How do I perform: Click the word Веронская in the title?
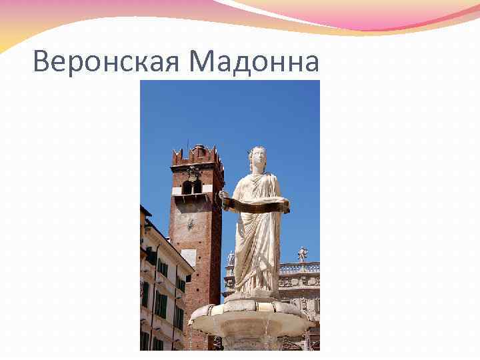click(107, 63)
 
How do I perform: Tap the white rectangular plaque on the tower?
click(189, 257)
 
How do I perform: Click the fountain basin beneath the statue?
click(251, 320)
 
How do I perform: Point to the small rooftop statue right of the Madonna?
click(302, 254)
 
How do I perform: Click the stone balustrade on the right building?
click(299, 268)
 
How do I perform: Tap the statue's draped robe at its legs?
click(256, 260)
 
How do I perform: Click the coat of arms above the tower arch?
click(193, 173)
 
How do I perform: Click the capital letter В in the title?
click(41, 63)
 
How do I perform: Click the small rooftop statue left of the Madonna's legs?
click(231, 259)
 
